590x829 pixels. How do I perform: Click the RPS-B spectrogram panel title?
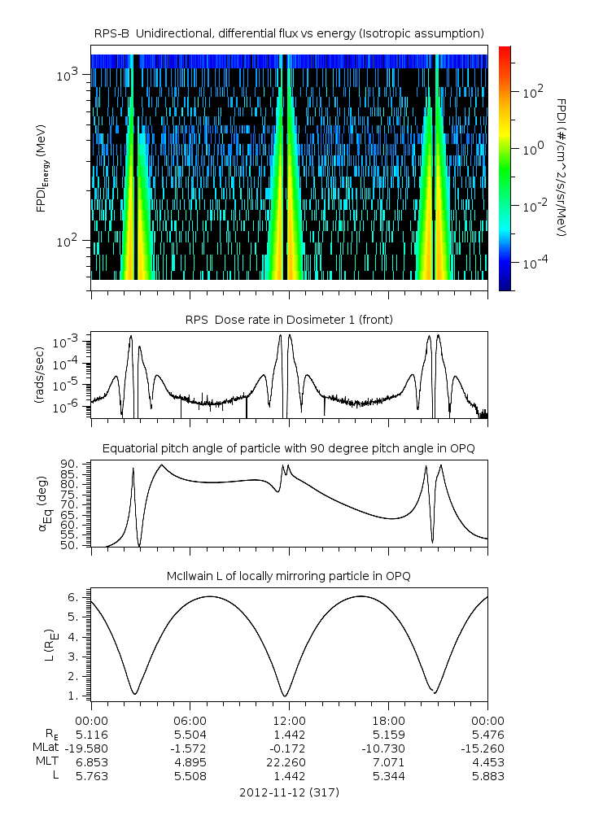[290, 33]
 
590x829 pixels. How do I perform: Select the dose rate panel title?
[290, 320]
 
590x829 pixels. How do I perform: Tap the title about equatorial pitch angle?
[290, 448]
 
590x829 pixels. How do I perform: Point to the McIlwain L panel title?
[290, 576]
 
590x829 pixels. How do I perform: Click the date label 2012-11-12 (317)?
[290, 792]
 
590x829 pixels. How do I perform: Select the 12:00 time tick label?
[290, 720]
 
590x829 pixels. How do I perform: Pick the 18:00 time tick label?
[388, 720]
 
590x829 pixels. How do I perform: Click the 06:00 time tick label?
[190, 720]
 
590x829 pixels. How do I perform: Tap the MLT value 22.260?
[290, 762]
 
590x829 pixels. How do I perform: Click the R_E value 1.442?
[290, 734]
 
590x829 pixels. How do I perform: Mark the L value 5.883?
[487, 776]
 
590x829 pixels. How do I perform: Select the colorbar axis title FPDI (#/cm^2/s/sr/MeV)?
[562, 167]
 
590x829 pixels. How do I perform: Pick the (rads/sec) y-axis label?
[38, 375]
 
